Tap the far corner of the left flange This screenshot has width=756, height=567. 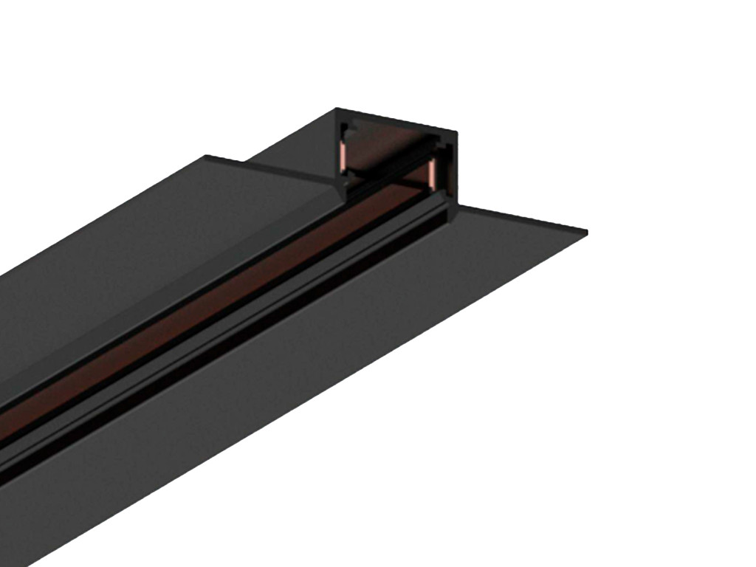coord(206,157)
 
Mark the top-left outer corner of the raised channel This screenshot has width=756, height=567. coord(337,110)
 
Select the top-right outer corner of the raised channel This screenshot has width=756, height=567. coord(456,134)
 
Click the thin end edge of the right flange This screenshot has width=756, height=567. coord(524,221)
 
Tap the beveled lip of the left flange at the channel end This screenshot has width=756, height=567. coord(325,185)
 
